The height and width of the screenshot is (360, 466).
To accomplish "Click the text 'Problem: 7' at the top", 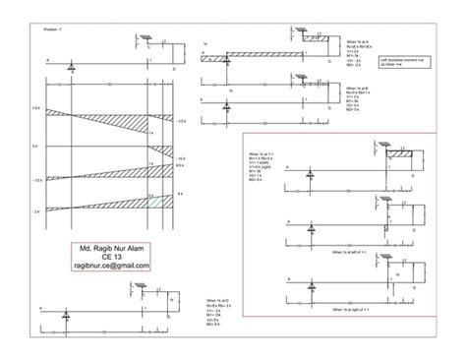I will click(x=53, y=30).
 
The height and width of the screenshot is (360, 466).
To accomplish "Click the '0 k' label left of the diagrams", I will click(x=34, y=146).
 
